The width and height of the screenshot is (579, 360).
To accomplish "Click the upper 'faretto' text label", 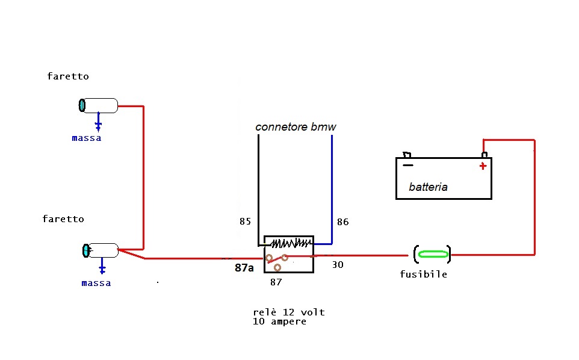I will (x=68, y=76).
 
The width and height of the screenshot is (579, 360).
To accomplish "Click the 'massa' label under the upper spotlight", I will (x=87, y=138).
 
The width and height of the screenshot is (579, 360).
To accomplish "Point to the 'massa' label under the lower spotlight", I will (x=96, y=283).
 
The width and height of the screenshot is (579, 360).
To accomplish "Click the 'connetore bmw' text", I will (x=296, y=127).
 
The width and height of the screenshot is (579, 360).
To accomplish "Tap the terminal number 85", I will (x=245, y=222).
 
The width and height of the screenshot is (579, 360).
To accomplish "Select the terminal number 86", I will (x=342, y=222).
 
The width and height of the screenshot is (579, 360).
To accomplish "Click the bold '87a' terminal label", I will (x=244, y=268).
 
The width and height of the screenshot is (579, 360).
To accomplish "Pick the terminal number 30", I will (x=338, y=264).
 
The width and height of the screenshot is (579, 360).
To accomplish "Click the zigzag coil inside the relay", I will (x=291, y=243).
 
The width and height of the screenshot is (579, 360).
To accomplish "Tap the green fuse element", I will (x=433, y=254).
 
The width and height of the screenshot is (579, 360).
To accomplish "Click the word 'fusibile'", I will (x=424, y=275).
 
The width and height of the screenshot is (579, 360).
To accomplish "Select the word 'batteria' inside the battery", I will (x=428, y=187).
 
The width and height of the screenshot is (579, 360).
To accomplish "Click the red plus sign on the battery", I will (x=483, y=166).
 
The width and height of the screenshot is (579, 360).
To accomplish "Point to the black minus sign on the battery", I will (x=408, y=164).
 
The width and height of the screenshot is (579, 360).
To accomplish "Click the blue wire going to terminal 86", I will (x=332, y=187).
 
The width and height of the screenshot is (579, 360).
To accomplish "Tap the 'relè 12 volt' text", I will (x=289, y=312).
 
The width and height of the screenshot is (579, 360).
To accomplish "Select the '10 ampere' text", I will (x=280, y=321).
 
